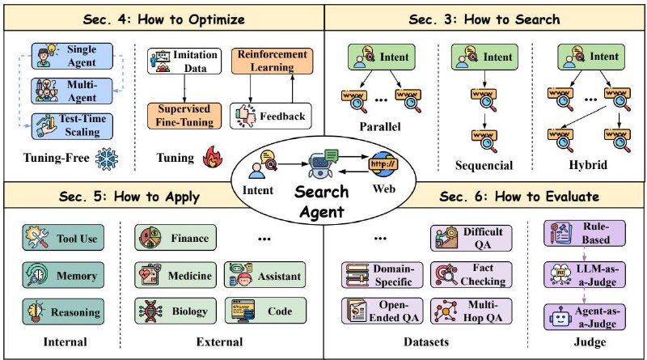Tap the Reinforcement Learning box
point(273,61)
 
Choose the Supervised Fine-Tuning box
point(184,116)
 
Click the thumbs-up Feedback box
point(271,116)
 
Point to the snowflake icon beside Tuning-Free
point(107,159)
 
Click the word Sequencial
point(484,165)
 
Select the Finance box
point(175,239)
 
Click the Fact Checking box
point(472,275)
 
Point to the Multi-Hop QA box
point(472,310)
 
